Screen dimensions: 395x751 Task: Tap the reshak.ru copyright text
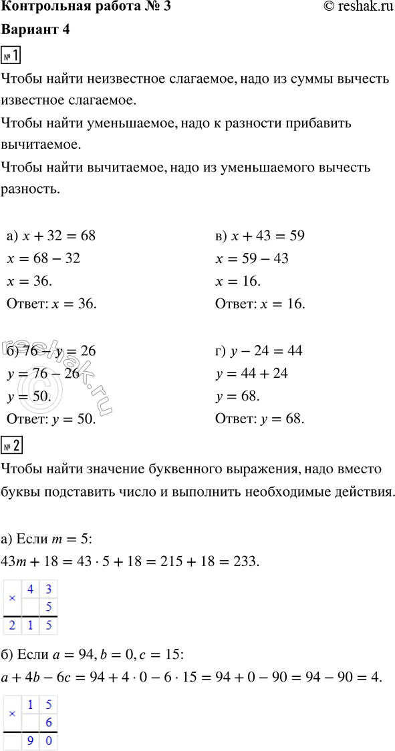coord(353,9)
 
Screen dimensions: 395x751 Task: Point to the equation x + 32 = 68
coord(51,236)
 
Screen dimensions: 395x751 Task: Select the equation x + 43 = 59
coord(261,236)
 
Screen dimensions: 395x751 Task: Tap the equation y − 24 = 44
coord(261,350)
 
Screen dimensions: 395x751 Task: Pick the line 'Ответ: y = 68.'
coord(261,419)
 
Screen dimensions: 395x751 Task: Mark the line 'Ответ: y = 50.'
coord(51,419)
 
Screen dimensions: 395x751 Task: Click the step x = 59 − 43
coord(253,258)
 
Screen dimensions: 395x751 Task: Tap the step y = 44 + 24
coord(253,373)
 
